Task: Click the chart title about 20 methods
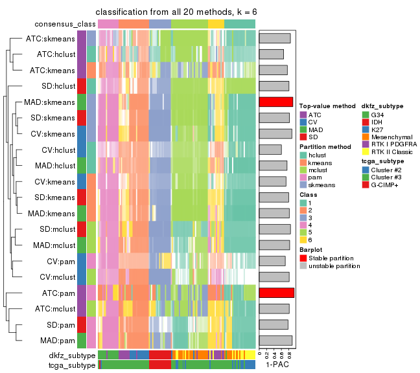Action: (x=176, y=12)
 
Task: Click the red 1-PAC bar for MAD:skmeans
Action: (x=276, y=102)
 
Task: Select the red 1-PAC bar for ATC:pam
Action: (x=277, y=293)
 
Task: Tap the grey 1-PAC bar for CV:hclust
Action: (x=270, y=150)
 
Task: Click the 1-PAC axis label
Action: (x=276, y=365)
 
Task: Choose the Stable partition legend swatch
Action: (x=304, y=257)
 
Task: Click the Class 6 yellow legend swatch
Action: (x=304, y=238)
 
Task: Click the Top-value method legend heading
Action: (x=327, y=105)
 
